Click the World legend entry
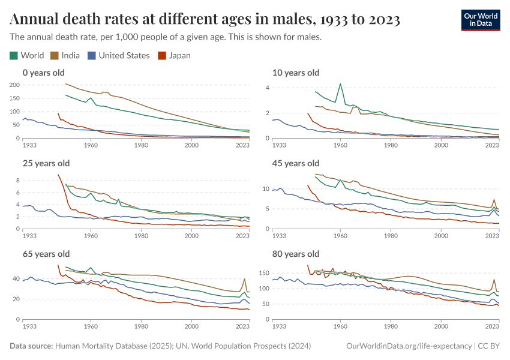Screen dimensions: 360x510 coord(27,56)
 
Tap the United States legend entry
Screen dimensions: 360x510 coord(118,56)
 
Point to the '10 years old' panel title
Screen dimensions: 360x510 coord(296,73)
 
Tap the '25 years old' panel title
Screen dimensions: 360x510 coord(46,163)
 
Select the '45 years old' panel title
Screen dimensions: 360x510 coord(296,163)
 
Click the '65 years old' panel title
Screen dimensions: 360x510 coord(46,254)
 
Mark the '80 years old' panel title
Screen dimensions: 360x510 coord(296,254)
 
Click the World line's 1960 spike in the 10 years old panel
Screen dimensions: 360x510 coord(340,84)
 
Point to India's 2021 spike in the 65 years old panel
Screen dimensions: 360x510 coord(244,280)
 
